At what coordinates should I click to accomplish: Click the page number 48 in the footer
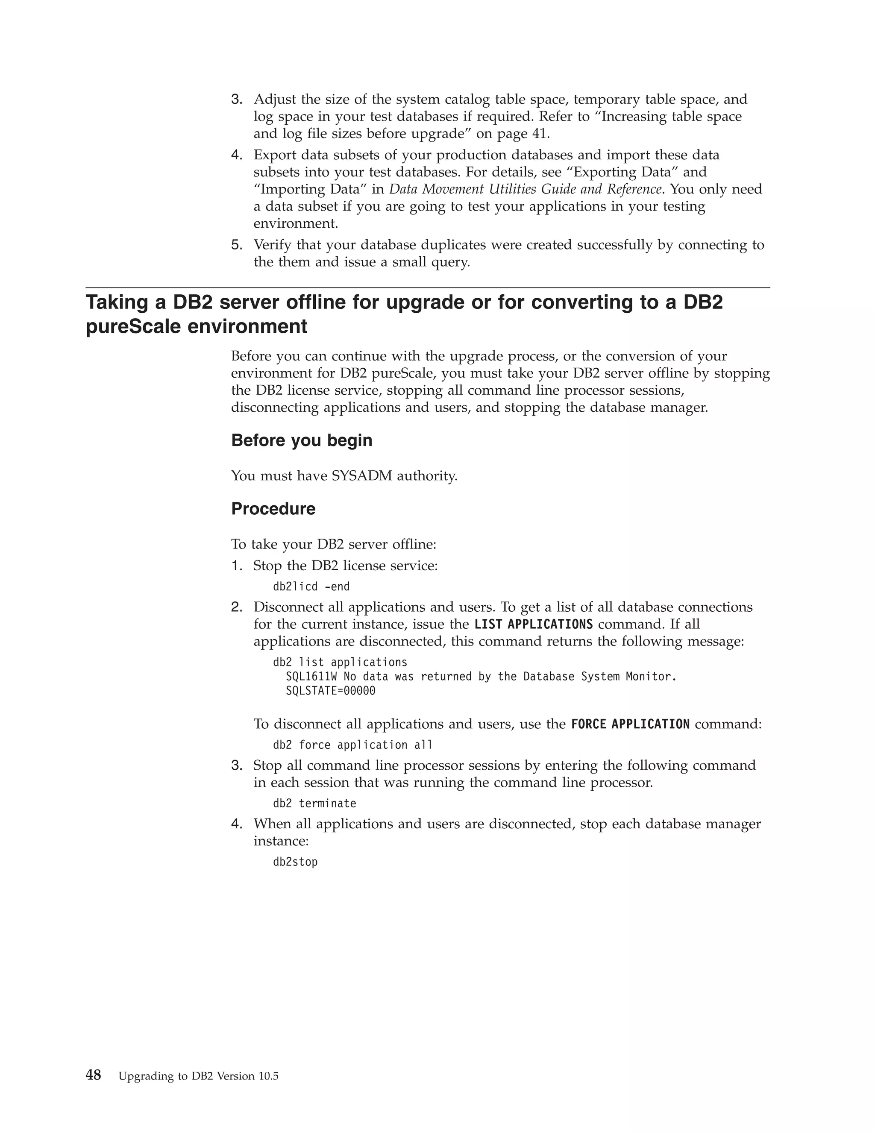tap(93, 1076)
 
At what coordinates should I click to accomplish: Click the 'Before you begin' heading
tap(302, 440)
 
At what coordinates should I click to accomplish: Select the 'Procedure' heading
tap(273, 509)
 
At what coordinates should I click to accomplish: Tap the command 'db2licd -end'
tap(311, 587)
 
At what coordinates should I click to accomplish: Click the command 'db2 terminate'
tap(314, 804)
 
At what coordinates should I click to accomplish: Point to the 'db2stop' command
tap(295, 862)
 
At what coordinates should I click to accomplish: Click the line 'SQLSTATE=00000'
tap(330, 691)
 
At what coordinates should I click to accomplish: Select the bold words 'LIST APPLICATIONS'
tap(533, 625)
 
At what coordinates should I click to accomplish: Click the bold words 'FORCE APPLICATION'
tap(630, 724)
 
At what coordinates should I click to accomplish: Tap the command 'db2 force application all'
tap(352, 745)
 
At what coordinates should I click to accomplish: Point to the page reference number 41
tap(539, 134)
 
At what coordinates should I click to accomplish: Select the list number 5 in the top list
tap(236, 245)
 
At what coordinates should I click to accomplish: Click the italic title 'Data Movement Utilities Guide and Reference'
tap(525, 189)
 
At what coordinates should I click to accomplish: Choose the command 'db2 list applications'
tap(340, 663)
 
